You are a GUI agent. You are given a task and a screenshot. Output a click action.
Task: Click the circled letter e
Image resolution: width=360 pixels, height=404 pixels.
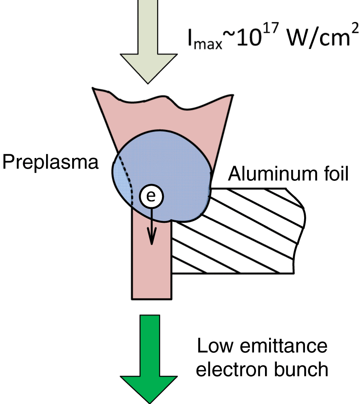(x=151, y=197)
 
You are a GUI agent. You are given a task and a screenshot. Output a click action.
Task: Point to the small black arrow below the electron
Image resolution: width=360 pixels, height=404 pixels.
(x=151, y=228)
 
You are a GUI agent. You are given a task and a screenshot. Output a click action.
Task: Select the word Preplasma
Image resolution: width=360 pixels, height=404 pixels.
(x=51, y=162)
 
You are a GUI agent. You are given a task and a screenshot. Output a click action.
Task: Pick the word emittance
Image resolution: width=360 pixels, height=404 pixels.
(x=285, y=347)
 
